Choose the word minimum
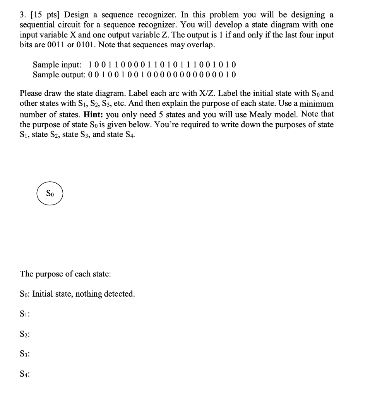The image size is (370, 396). pos(314,104)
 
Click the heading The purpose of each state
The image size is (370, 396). pos(65,274)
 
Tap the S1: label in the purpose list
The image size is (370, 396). pos(25,314)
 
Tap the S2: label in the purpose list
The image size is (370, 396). pos(25,334)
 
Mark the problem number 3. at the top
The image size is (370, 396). pos(22,15)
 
